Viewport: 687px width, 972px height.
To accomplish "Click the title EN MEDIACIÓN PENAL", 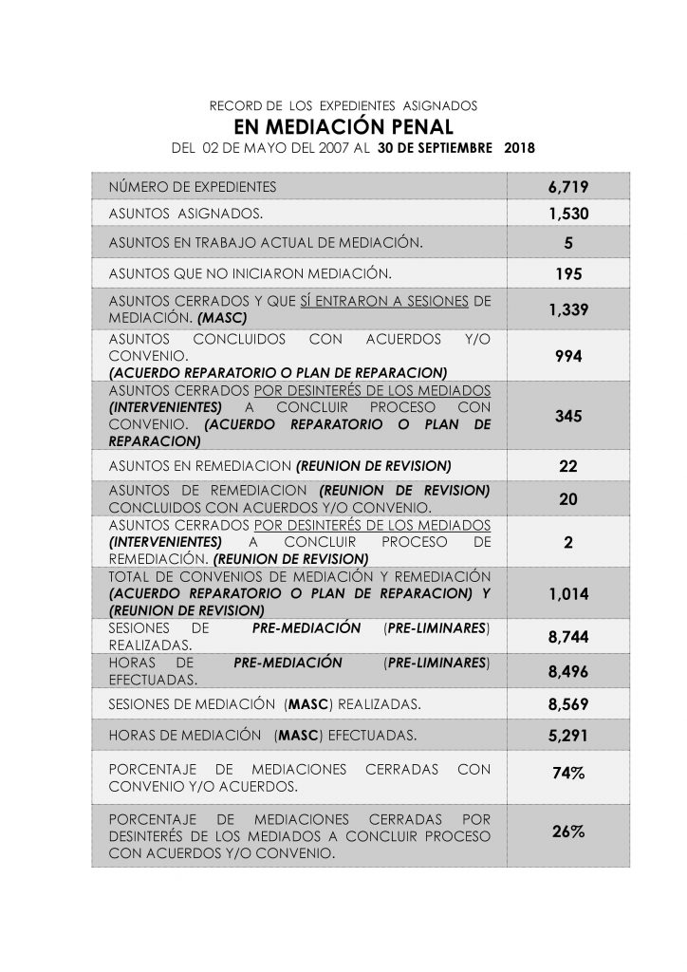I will click(343, 127).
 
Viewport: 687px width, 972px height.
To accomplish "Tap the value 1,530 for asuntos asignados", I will click(568, 215).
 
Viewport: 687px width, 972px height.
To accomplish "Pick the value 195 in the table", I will click(568, 274).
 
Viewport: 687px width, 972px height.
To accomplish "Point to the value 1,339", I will click(568, 309).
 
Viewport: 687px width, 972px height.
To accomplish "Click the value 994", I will click(568, 355).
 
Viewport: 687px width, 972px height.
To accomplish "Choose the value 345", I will click(568, 416).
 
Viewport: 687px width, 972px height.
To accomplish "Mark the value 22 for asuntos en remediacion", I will click(568, 467).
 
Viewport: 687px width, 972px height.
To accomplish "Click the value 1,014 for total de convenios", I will click(568, 594).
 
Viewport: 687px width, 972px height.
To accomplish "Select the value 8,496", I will click(568, 672).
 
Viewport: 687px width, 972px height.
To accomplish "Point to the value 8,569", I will click(568, 705).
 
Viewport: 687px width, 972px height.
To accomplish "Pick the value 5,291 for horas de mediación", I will click(568, 737).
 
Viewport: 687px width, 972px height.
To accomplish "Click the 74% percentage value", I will click(568, 775).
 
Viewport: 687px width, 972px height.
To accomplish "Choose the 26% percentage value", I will click(568, 832).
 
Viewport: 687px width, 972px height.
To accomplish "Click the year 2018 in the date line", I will click(519, 149).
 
